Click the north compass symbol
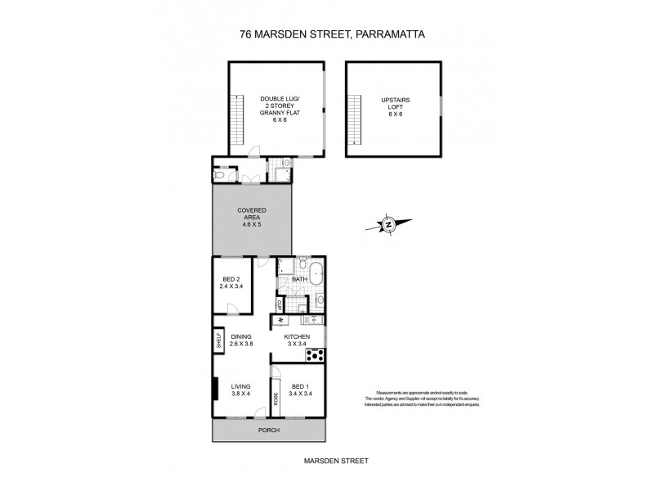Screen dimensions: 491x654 click(390, 223)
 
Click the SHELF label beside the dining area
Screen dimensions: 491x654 click(219, 340)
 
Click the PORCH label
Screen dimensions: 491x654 click(268, 430)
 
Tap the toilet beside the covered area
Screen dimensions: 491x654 click(220, 173)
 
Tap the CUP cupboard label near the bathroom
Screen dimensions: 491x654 click(280, 306)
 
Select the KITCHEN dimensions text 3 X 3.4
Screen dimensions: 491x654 click(296, 345)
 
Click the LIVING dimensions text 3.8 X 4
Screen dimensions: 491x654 click(241, 394)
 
